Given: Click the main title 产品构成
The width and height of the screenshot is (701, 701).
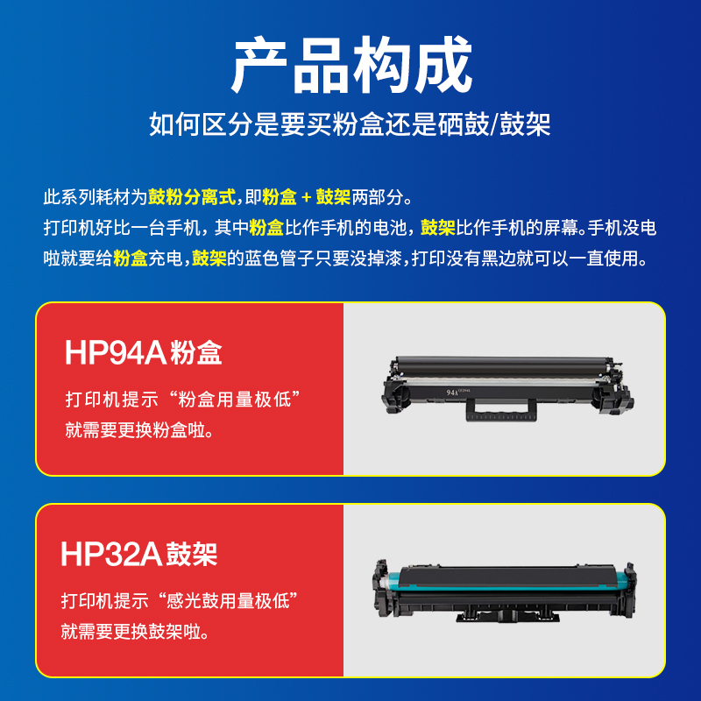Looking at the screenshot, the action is click(351, 65).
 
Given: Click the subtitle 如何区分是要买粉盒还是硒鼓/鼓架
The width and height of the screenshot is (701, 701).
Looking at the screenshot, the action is click(350, 124).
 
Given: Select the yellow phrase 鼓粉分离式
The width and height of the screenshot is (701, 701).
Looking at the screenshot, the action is click(192, 196).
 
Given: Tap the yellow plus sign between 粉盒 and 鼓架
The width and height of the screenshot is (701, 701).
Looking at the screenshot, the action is click(306, 197).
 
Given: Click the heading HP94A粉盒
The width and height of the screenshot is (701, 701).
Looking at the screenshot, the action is click(144, 353).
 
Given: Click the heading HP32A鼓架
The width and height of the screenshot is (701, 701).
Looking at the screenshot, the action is click(139, 555).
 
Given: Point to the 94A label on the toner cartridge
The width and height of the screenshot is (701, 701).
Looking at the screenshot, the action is click(452, 393).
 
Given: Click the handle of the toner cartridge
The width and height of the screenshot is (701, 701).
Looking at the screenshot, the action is click(500, 409).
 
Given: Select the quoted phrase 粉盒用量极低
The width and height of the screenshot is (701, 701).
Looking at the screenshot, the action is click(234, 400).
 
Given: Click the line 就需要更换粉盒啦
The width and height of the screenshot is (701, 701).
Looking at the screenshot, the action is click(139, 430).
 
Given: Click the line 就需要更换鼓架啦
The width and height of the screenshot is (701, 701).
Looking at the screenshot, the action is click(135, 632).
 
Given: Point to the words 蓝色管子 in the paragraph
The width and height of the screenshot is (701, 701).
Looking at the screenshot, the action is click(279, 258).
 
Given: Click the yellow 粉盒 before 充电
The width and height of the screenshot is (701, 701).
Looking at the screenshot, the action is click(130, 258).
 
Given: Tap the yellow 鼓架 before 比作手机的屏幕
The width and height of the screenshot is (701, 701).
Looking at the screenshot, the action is click(437, 228).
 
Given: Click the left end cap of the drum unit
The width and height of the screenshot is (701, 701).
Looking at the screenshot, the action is click(384, 587).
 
